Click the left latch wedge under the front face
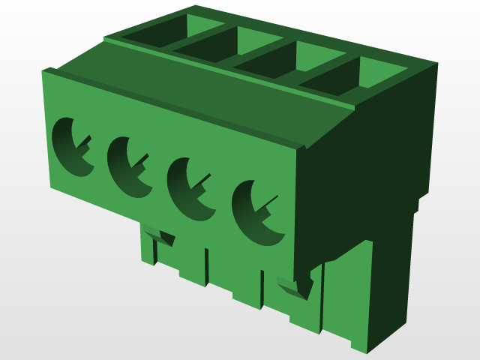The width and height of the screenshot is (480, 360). pyautogui.click(x=161, y=238)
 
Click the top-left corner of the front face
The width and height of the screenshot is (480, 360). pyautogui.click(x=44, y=72)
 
